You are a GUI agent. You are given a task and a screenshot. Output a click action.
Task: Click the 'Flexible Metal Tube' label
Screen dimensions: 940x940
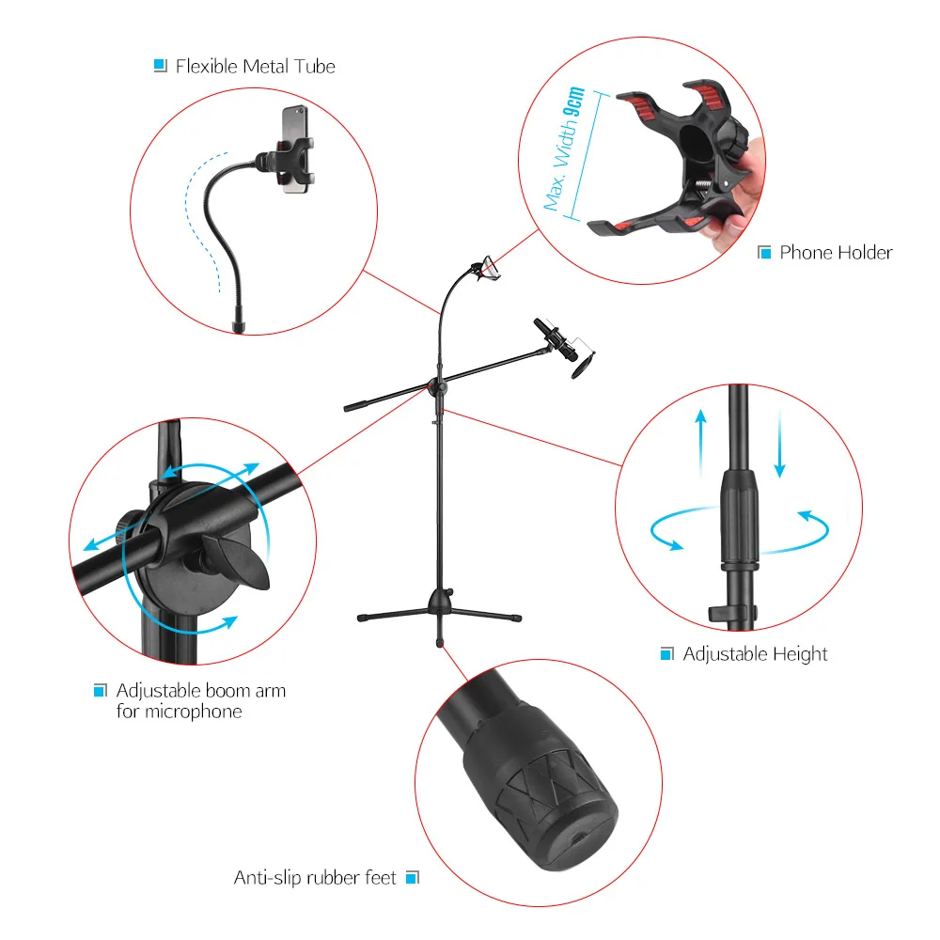[x=255, y=67]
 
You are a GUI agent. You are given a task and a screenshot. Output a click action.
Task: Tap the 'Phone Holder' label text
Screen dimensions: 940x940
[x=836, y=253]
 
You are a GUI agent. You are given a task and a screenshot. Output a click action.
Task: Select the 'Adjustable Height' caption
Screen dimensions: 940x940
[x=755, y=654]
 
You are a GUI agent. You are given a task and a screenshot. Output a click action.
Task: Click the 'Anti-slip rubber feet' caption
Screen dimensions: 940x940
[x=315, y=878]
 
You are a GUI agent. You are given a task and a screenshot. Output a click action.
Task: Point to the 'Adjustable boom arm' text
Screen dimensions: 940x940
[x=200, y=691]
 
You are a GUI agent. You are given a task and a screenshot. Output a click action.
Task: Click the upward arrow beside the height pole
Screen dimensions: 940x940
[x=700, y=441]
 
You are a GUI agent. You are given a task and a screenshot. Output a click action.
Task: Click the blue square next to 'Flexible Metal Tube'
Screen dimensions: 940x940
[x=160, y=66]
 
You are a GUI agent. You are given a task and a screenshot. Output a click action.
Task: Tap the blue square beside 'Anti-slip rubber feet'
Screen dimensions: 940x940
[x=411, y=878]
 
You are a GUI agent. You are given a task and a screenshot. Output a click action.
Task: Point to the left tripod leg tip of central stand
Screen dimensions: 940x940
[x=362, y=618]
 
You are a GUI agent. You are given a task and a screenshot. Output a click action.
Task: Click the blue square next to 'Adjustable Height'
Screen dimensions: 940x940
[x=666, y=654]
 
